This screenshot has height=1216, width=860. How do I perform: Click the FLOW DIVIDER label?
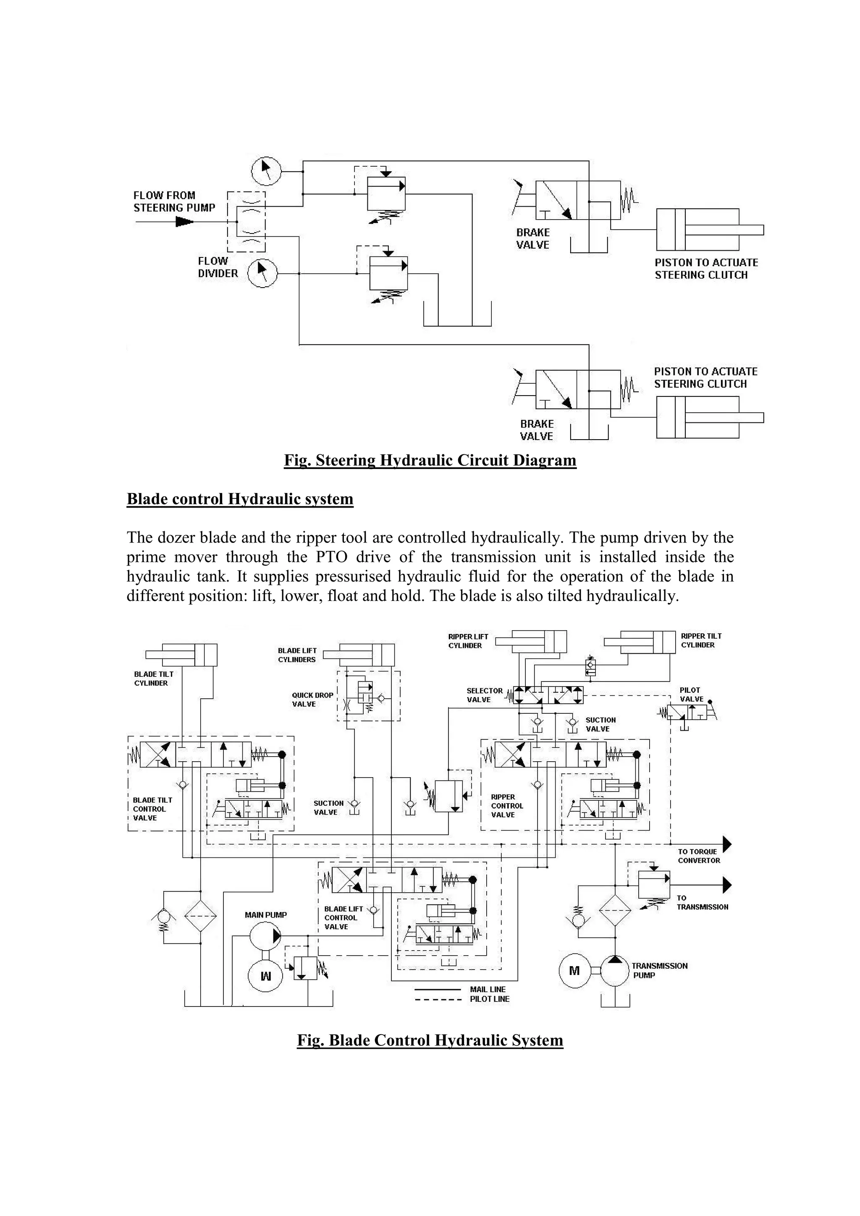click(x=218, y=267)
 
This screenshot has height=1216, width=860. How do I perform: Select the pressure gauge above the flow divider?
click(x=266, y=170)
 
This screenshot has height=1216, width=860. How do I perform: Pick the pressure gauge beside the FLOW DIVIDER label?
click(x=262, y=273)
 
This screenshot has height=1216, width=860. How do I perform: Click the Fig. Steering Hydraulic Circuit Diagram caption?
click(x=430, y=460)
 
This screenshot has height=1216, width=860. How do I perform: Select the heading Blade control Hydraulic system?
click(x=240, y=499)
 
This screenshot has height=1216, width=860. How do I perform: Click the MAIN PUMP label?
click(x=266, y=915)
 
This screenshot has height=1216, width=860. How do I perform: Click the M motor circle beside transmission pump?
click(x=574, y=971)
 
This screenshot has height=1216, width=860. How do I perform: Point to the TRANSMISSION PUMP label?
click(x=659, y=970)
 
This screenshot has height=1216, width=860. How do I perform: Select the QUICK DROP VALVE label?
click(x=312, y=700)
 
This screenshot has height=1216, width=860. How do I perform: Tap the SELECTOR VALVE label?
click(x=484, y=695)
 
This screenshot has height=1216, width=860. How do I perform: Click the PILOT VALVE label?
click(x=691, y=694)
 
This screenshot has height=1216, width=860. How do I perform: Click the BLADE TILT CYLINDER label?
click(x=154, y=679)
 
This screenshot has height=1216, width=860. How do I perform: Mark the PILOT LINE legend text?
click(x=489, y=999)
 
